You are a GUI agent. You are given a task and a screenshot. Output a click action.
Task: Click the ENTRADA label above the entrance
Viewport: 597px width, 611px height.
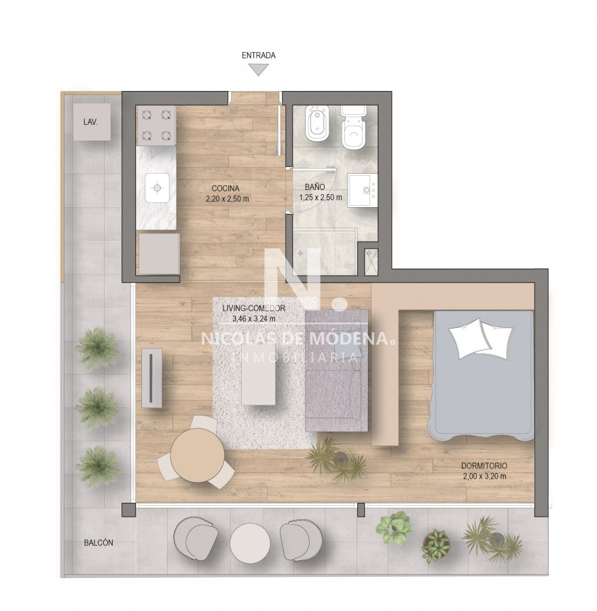259,56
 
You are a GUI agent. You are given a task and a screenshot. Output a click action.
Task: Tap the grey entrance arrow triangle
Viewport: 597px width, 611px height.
259,69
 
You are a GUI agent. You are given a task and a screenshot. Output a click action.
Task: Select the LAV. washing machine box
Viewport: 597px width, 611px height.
91,122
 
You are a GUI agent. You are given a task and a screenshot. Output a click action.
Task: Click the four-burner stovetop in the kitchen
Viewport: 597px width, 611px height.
156,125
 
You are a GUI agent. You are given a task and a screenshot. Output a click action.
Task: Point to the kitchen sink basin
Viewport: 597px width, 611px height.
157,188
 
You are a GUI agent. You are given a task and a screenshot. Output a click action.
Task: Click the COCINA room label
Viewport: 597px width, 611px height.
225,189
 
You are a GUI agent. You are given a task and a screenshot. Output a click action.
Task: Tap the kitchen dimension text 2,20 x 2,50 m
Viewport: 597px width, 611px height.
228,199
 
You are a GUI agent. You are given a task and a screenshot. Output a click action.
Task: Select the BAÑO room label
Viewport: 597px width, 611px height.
314,187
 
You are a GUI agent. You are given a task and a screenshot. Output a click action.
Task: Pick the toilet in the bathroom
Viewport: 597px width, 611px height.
353,127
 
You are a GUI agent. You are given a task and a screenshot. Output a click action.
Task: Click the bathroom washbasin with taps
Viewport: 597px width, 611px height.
362,190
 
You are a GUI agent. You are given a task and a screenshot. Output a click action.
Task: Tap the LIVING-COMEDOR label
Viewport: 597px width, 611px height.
254,308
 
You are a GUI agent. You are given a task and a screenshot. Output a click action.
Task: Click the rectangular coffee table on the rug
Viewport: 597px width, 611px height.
258,374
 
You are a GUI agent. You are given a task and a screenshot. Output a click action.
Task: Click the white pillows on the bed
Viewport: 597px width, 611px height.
480,338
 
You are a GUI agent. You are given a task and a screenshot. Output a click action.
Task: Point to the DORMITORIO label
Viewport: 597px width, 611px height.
484,466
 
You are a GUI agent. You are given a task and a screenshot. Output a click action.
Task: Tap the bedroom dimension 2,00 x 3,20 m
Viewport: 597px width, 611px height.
485,476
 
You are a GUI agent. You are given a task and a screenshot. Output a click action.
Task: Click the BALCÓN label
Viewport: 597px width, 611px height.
98,542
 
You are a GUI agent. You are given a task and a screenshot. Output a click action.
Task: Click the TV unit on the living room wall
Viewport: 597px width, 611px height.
151,377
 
